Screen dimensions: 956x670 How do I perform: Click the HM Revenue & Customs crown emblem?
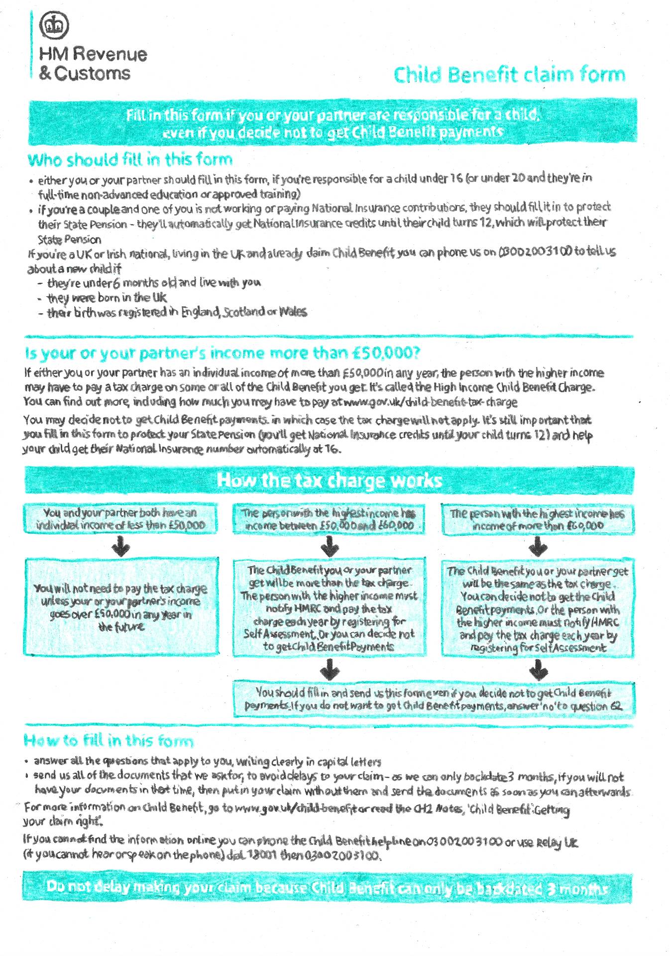coord(54,25)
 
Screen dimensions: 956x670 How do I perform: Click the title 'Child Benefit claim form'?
coord(509,75)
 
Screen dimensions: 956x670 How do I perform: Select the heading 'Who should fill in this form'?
coord(130,160)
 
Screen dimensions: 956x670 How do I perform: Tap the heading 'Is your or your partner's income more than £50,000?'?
coord(222,353)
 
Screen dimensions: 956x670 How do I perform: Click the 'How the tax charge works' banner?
coord(329,480)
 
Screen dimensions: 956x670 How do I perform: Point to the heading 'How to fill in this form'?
coord(108,740)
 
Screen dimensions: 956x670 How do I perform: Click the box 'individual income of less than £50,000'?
coord(120,519)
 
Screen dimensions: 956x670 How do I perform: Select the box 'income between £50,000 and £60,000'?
coord(329,519)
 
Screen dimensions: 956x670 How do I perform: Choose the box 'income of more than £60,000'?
coord(538,520)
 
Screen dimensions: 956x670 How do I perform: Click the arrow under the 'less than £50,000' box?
coord(120,546)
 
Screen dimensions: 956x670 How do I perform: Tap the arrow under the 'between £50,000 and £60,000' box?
coord(330,547)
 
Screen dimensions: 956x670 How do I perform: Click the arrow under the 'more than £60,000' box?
coord(538,547)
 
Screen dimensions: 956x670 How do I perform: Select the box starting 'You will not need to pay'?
coord(120,607)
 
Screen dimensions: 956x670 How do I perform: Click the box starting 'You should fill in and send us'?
coord(434,699)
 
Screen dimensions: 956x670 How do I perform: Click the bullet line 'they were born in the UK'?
coord(107,298)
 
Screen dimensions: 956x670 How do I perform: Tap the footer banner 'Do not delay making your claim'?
coord(327,887)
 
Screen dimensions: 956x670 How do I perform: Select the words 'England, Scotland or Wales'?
coord(243,312)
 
